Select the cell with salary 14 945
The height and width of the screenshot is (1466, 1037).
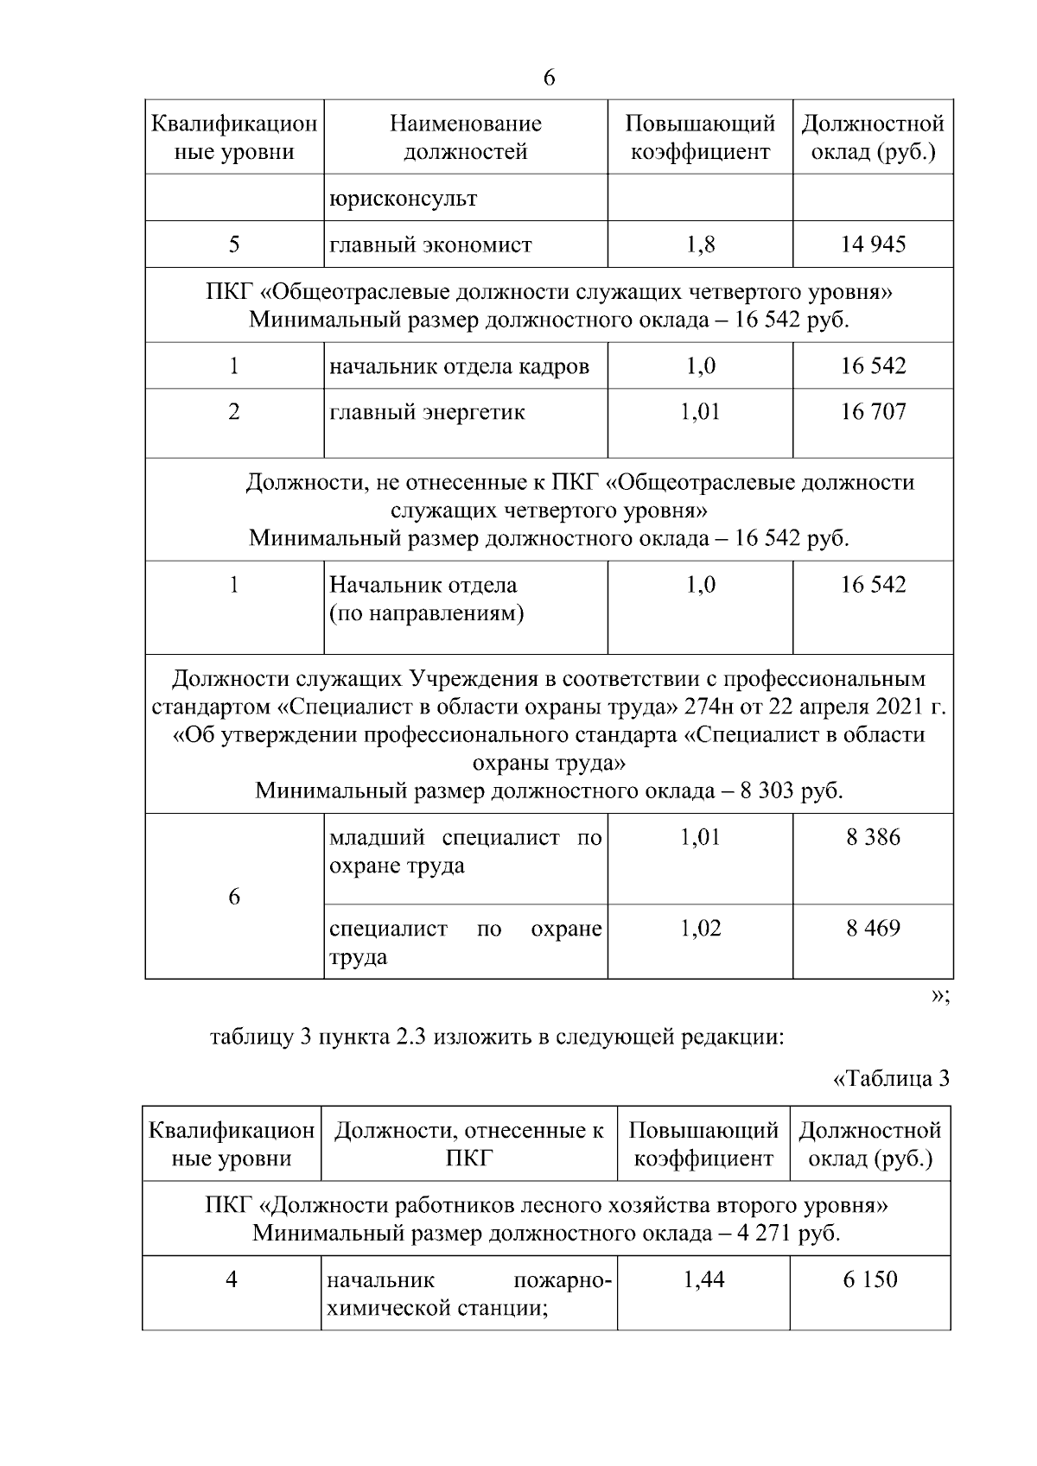click(x=873, y=244)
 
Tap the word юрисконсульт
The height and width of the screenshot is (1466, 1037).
click(x=403, y=199)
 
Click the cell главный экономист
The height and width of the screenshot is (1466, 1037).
click(x=430, y=244)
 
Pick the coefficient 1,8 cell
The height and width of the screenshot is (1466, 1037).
click(x=700, y=244)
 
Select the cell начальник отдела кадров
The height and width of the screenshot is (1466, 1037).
click(x=459, y=366)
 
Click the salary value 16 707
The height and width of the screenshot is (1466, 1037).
click(x=873, y=412)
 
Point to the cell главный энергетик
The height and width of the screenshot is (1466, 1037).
click(x=427, y=412)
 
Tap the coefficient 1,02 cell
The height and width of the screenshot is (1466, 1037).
click(x=700, y=929)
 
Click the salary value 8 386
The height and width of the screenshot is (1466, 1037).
click(x=873, y=837)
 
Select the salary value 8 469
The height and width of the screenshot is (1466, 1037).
click(x=873, y=929)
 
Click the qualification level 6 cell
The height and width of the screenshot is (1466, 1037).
click(x=234, y=897)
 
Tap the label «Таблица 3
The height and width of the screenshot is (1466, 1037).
click(x=891, y=1079)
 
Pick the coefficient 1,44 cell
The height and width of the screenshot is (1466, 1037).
click(x=703, y=1279)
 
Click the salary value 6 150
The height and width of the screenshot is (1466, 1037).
click(x=870, y=1279)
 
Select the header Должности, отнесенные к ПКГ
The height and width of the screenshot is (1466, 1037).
click(x=468, y=1144)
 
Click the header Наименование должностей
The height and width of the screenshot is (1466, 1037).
click(x=466, y=137)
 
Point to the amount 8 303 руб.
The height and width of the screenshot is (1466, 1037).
click(x=791, y=791)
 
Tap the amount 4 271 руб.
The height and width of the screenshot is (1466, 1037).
click(x=788, y=1233)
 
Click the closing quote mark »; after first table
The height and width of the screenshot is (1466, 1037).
click(x=940, y=996)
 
